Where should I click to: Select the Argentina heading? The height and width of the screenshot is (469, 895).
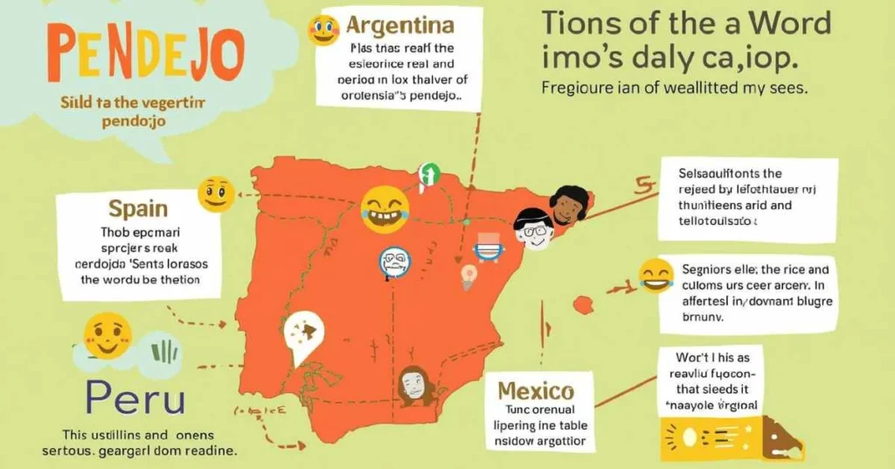[399, 24]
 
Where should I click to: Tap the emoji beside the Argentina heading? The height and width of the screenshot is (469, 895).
[323, 29]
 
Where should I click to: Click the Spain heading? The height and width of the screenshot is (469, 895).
[138, 208]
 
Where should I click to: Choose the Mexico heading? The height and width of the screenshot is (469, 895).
[536, 390]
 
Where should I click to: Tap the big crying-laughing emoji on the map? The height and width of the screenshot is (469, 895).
[385, 208]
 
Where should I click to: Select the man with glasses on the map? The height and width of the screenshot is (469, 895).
[532, 229]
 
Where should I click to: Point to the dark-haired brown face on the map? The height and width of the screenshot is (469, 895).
[569, 206]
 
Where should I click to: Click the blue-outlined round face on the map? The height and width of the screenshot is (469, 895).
[396, 262]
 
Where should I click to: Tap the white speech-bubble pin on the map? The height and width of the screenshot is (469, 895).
[303, 335]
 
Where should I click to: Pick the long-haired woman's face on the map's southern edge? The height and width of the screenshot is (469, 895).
[413, 383]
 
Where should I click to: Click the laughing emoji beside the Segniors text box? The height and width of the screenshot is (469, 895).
[656, 276]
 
